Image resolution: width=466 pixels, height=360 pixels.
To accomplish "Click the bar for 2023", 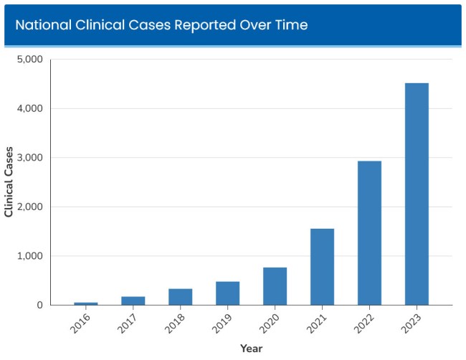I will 417,194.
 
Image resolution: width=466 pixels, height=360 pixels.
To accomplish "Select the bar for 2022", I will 369,233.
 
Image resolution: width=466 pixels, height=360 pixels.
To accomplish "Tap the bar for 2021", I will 322,267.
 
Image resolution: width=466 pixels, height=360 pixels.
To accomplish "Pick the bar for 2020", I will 275,286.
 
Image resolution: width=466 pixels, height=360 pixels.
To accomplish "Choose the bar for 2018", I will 180,297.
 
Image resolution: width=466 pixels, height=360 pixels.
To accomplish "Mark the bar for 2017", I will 133,301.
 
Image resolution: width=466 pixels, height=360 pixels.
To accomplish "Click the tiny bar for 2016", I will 86,303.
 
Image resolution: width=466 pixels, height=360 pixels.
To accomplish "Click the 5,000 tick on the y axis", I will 29,60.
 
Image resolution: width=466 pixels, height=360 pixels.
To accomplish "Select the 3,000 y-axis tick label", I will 29,158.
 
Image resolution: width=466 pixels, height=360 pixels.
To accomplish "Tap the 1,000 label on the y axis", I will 29,256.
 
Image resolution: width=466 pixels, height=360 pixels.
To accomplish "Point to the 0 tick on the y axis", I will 39,305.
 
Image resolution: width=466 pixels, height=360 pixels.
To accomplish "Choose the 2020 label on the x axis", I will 270,323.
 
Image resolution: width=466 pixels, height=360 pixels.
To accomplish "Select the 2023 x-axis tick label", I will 412,323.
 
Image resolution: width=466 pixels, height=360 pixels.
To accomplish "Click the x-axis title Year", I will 251,349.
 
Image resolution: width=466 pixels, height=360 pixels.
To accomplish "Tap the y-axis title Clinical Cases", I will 9,182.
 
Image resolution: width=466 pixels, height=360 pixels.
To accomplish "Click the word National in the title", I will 42,25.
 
